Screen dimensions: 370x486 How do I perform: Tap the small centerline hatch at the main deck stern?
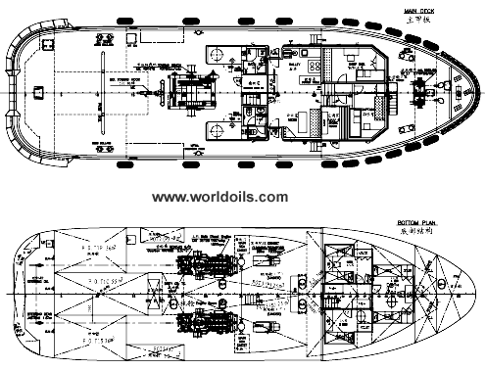[37, 91]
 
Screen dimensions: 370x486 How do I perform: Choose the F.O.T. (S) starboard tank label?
[98, 345]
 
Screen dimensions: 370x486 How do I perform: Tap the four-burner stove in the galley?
[314, 62]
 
